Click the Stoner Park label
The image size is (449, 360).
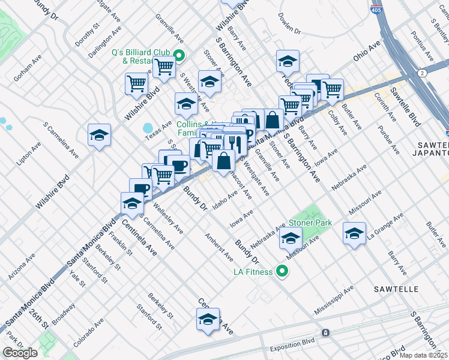pos(311,223)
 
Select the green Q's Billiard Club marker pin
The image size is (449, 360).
pos(178,56)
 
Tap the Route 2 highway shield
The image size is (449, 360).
pos(423,73)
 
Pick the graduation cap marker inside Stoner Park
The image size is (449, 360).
pos(291,239)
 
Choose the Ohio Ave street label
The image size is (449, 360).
pos(367,51)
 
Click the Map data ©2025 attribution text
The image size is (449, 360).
pos(423,355)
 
